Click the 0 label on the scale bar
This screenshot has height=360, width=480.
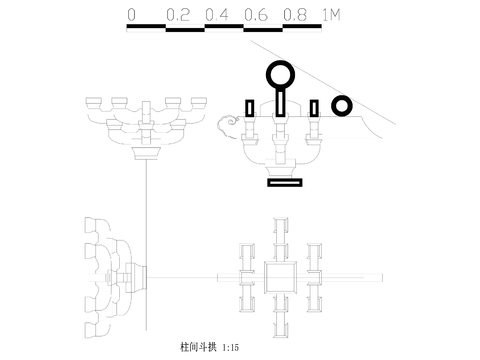click(132, 16)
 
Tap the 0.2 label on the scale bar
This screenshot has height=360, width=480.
click(179, 16)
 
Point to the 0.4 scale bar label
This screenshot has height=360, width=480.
click(217, 16)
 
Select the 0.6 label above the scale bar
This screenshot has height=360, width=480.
click(255, 16)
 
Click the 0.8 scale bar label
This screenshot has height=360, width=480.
click(294, 16)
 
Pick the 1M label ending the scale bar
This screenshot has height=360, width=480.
click(331, 16)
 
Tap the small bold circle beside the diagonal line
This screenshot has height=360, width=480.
click(342, 105)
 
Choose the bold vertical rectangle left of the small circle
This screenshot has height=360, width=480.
click(314, 108)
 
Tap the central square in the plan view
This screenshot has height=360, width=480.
click(281, 278)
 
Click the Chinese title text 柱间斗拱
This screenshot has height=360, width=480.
click(195, 347)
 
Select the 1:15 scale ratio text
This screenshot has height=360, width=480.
click(231, 347)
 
